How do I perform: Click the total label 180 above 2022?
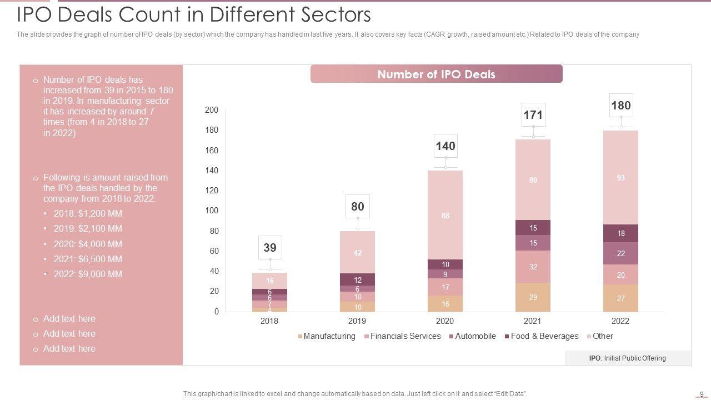(x=620, y=106)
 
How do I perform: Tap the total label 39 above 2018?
(x=270, y=248)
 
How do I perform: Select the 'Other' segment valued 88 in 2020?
(x=445, y=215)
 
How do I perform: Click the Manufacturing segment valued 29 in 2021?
(x=533, y=297)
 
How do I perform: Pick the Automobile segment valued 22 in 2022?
(x=620, y=253)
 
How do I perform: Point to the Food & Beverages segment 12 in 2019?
(x=358, y=280)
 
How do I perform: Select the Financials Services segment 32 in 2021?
(x=533, y=267)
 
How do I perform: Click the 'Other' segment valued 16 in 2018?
(x=270, y=281)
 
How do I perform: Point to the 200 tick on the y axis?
(x=212, y=110)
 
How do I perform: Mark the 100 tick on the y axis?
(x=212, y=211)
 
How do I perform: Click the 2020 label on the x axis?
(x=445, y=321)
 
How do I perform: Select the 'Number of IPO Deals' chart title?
(x=436, y=74)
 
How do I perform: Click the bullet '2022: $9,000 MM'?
(x=87, y=274)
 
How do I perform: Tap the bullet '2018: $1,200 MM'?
(x=87, y=213)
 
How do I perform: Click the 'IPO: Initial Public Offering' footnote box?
(x=628, y=358)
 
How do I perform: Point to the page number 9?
(x=702, y=393)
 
